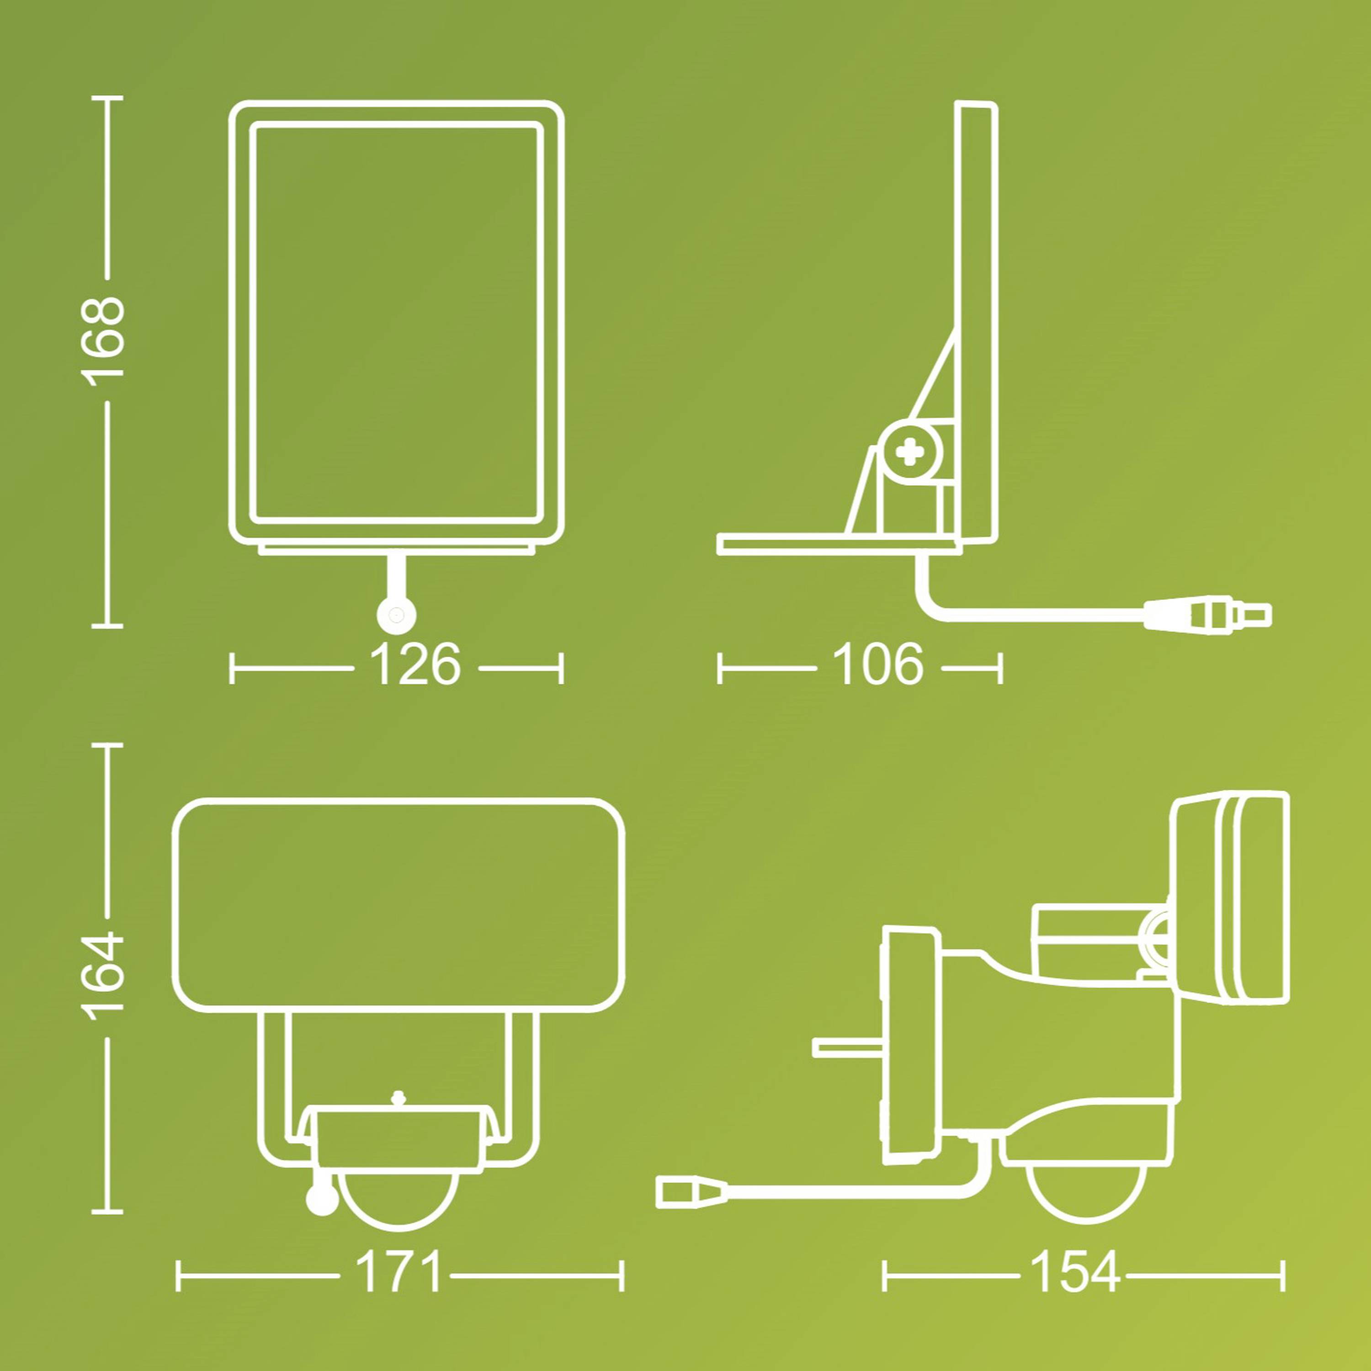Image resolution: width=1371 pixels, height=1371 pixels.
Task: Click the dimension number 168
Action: pos(105,340)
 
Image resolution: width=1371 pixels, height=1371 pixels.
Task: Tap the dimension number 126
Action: pos(415,665)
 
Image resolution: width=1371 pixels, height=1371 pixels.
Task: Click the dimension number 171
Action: pos(398,1272)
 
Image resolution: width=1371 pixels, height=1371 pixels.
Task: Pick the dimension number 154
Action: pos(1073,1272)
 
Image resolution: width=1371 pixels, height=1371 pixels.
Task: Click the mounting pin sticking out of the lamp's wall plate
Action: pos(846,1047)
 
